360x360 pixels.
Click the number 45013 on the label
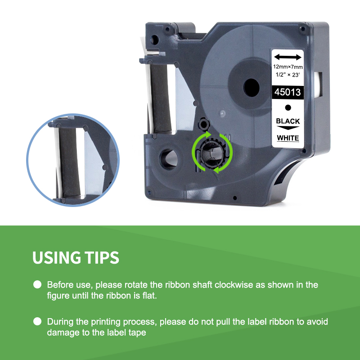(x=288, y=92)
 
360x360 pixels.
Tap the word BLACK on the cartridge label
(x=288, y=121)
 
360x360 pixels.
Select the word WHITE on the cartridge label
(x=288, y=138)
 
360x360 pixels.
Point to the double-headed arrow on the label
(x=288, y=57)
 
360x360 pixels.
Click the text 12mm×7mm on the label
(x=288, y=67)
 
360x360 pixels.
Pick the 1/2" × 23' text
(x=288, y=75)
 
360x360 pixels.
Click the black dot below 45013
(x=288, y=108)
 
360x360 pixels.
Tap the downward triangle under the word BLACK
(x=288, y=128)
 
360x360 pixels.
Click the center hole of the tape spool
(x=252, y=88)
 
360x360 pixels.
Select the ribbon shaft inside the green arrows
(x=212, y=153)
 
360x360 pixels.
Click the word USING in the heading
(x=57, y=257)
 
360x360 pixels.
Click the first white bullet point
(x=37, y=284)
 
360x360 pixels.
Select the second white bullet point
(x=37, y=321)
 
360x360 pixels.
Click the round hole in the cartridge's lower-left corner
(x=169, y=159)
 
